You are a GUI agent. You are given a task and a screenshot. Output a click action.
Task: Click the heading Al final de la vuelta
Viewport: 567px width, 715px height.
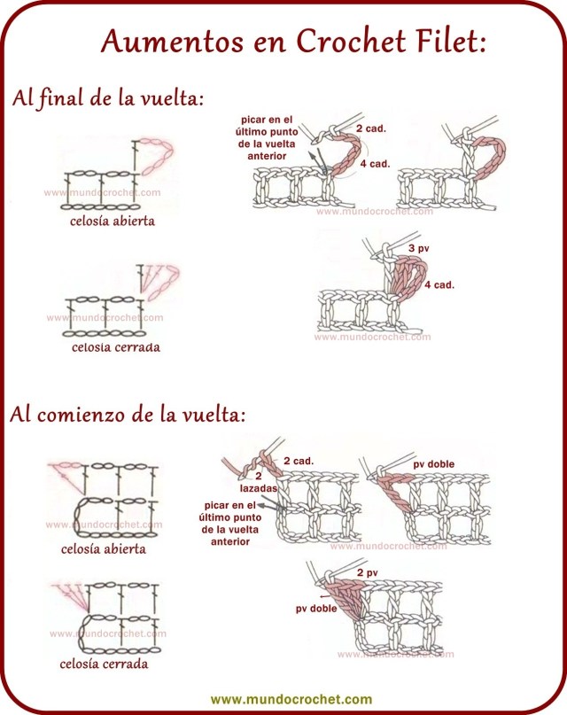[x=108, y=98]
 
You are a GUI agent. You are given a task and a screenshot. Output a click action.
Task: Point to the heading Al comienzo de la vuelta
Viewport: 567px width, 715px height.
[x=128, y=416]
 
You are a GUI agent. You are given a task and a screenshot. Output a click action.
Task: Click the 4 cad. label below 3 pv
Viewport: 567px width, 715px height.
[x=439, y=284]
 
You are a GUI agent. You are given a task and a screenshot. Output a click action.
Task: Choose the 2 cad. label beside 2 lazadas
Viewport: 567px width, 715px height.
[x=299, y=462]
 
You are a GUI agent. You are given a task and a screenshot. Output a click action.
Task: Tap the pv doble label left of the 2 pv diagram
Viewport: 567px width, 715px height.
[x=315, y=610]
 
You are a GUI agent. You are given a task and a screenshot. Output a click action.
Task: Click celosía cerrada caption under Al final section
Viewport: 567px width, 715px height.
[x=116, y=347]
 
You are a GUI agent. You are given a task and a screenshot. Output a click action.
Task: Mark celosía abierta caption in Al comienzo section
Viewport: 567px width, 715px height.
[x=104, y=549]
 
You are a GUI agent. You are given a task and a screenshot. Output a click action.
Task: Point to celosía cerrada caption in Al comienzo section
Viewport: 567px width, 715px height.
[x=104, y=664]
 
